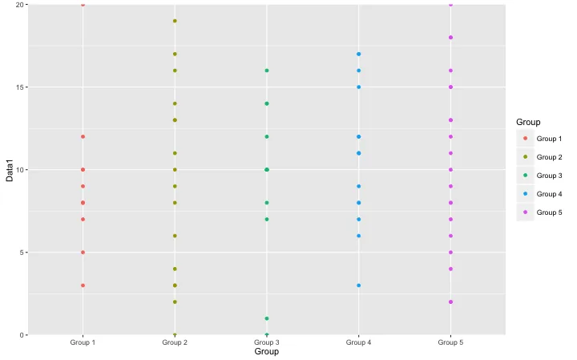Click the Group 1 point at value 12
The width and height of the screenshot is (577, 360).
pyautogui.click(x=83, y=136)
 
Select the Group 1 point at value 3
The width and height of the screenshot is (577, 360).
pyautogui.click(x=83, y=285)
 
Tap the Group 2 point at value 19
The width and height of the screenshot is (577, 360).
pyautogui.click(x=175, y=21)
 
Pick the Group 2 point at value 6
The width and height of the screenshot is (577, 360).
pyautogui.click(x=175, y=236)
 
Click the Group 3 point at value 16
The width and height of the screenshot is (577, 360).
pyautogui.click(x=267, y=71)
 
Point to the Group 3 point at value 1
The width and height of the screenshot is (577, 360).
pyautogui.click(x=267, y=318)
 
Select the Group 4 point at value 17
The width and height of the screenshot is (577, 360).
pyautogui.click(x=359, y=54)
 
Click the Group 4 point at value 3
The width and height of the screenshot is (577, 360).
pyautogui.click(x=359, y=285)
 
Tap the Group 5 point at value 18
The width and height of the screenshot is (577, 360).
pyautogui.click(x=450, y=38)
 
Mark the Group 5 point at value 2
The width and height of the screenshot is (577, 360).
pyautogui.click(x=450, y=301)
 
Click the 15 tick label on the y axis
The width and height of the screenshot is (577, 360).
pyautogui.click(x=19, y=87)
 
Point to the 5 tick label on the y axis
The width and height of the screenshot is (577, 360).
pyautogui.click(x=22, y=253)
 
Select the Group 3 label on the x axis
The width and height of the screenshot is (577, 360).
pyautogui.click(x=266, y=342)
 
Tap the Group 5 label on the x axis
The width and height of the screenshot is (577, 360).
pyautogui.click(x=450, y=342)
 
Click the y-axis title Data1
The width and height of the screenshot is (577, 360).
pyautogui.click(x=10, y=171)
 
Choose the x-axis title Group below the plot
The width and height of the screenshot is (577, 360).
pyautogui.click(x=266, y=351)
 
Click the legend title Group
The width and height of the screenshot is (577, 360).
pyautogui.click(x=528, y=122)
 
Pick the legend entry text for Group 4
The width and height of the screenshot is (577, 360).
pyautogui.click(x=549, y=194)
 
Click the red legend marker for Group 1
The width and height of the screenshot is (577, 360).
pyautogui.click(x=525, y=139)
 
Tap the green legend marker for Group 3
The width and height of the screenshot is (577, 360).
pyautogui.click(x=525, y=176)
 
